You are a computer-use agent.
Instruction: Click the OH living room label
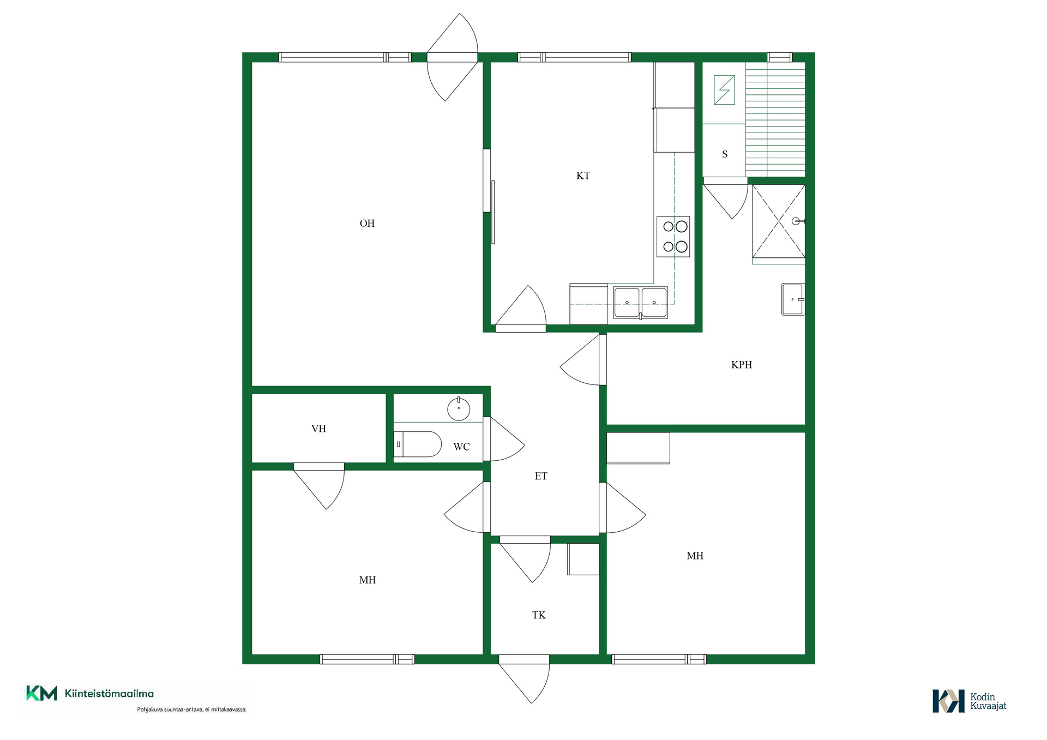click(x=367, y=223)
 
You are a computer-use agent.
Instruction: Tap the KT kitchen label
click(x=583, y=176)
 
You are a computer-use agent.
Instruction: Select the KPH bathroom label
click(x=742, y=365)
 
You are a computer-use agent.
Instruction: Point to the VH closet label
click(x=318, y=429)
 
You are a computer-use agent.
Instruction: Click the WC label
click(x=461, y=447)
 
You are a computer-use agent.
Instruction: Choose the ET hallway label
click(x=541, y=476)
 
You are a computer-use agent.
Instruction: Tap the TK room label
click(x=539, y=615)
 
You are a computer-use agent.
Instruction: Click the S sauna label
click(x=725, y=154)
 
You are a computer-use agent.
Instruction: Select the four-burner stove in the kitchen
click(x=673, y=237)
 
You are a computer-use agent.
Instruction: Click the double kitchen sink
click(x=640, y=303)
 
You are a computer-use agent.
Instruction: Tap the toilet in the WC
click(x=418, y=444)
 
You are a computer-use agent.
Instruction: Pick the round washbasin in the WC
click(x=459, y=409)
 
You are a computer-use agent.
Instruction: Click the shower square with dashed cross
click(x=779, y=221)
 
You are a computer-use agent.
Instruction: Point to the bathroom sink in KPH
click(x=793, y=299)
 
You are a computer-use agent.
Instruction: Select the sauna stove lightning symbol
click(x=724, y=89)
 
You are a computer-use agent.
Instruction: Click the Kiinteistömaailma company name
click(x=109, y=694)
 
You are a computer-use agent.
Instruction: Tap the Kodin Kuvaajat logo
click(x=970, y=701)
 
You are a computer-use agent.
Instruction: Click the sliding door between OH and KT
click(x=493, y=212)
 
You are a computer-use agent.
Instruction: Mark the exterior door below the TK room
click(x=524, y=679)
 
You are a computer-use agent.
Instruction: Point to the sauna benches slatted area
click(x=775, y=119)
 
